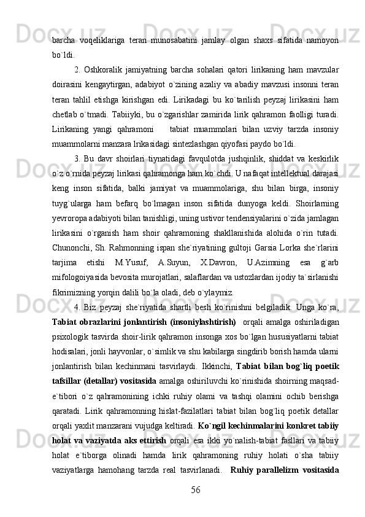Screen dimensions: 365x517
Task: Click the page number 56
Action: pyautogui.click(x=196, y=488)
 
